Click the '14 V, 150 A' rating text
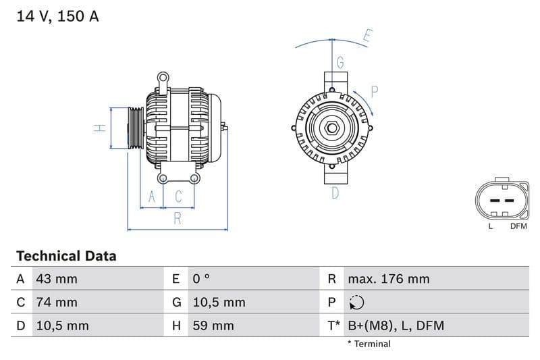[x=57, y=16]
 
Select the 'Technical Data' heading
[x=66, y=256]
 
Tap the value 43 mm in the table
[x=57, y=279]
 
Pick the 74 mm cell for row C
[x=57, y=302]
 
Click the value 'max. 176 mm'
[x=388, y=279]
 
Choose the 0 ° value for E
[x=201, y=279]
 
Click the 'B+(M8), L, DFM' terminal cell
[x=396, y=326]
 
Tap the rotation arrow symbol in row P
[x=357, y=303]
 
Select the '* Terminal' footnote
[x=369, y=344]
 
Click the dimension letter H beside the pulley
[x=99, y=128]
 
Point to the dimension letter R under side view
[x=178, y=218]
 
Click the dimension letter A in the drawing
[x=152, y=197]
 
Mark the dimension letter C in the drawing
[x=179, y=197]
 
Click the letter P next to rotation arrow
[x=375, y=91]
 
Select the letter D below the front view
[x=335, y=193]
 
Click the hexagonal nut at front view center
[x=332, y=128]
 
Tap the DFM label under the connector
[x=518, y=226]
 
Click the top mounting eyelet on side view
[x=163, y=78]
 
